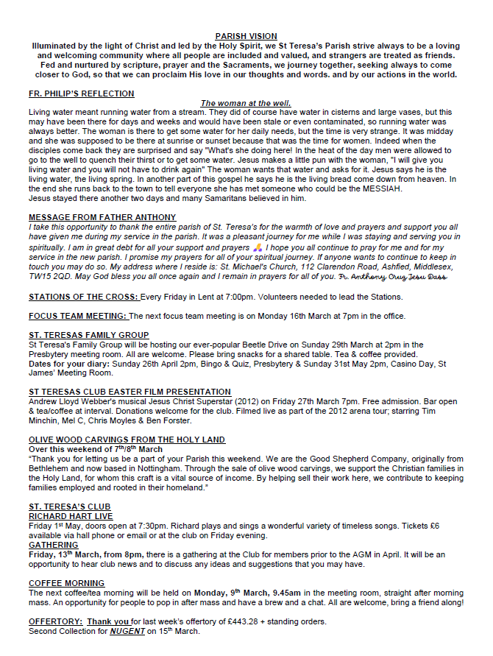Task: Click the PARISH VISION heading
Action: (x=246, y=36)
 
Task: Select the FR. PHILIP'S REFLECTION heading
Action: (x=81, y=94)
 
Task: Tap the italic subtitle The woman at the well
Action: (x=246, y=103)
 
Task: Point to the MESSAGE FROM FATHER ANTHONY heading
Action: (x=102, y=217)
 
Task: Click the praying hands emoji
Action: (x=257, y=248)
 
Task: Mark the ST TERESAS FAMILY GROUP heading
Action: (x=88, y=335)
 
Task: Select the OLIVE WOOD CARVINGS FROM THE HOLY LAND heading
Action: (x=127, y=440)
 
